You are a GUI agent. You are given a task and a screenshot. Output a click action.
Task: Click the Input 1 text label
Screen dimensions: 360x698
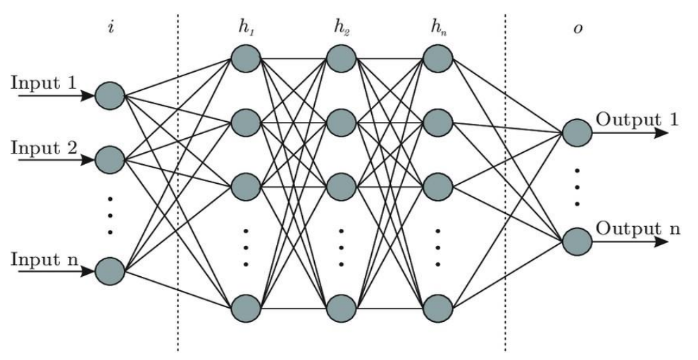pyautogui.click(x=44, y=82)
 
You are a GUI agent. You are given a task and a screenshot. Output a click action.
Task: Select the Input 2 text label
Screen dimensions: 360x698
pyautogui.click(x=44, y=149)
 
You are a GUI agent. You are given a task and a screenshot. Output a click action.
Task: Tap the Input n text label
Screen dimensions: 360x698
pyautogui.click(x=44, y=259)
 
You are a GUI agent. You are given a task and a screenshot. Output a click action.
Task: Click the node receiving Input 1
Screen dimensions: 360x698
pyautogui.click(x=110, y=95)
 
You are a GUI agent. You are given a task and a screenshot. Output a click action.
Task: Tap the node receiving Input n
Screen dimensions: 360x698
pyautogui.click(x=110, y=271)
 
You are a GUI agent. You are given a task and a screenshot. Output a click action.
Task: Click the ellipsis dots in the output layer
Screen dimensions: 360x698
pyautogui.click(x=577, y=187)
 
